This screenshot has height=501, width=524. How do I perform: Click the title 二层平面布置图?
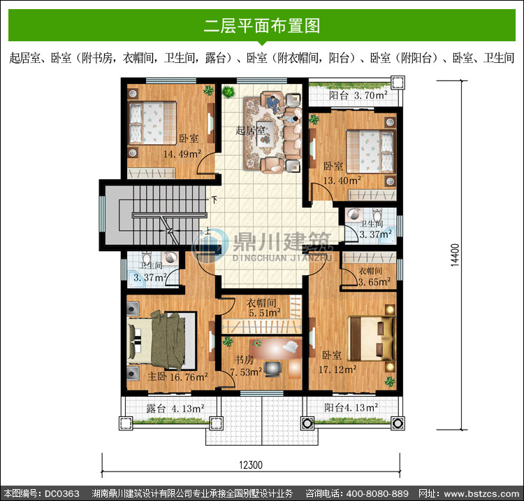[x=262, y=26]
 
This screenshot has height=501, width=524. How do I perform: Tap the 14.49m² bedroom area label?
[x=182, y=154]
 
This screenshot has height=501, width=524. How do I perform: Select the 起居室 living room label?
[x=251, y=130]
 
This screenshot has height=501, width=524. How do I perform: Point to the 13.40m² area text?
[x=342, y=181]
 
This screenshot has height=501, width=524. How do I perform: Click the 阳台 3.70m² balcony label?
[x=358, y=95]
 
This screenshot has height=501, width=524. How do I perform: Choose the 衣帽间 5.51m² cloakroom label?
[x=263, y=308]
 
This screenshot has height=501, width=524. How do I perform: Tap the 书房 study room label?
[x=244, y=360]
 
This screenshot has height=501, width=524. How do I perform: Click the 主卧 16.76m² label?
[x=177, y=377]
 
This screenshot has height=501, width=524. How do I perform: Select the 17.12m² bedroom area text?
[x=337, y=369]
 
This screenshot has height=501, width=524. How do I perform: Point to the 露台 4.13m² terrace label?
[x=175, y=409]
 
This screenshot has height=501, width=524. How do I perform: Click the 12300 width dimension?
[x=251, y=465]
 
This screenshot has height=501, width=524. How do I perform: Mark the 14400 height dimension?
[x=455, y=255]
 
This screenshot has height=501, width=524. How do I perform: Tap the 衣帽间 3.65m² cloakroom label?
[x=374, y=276]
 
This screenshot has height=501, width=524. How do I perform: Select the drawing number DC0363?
[x=62, y=493]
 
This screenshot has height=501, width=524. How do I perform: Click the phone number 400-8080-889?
[x=377, y=493]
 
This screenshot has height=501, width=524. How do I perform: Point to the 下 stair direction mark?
[x=214, y=200]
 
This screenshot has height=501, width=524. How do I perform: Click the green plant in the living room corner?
[x=228, y=92]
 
